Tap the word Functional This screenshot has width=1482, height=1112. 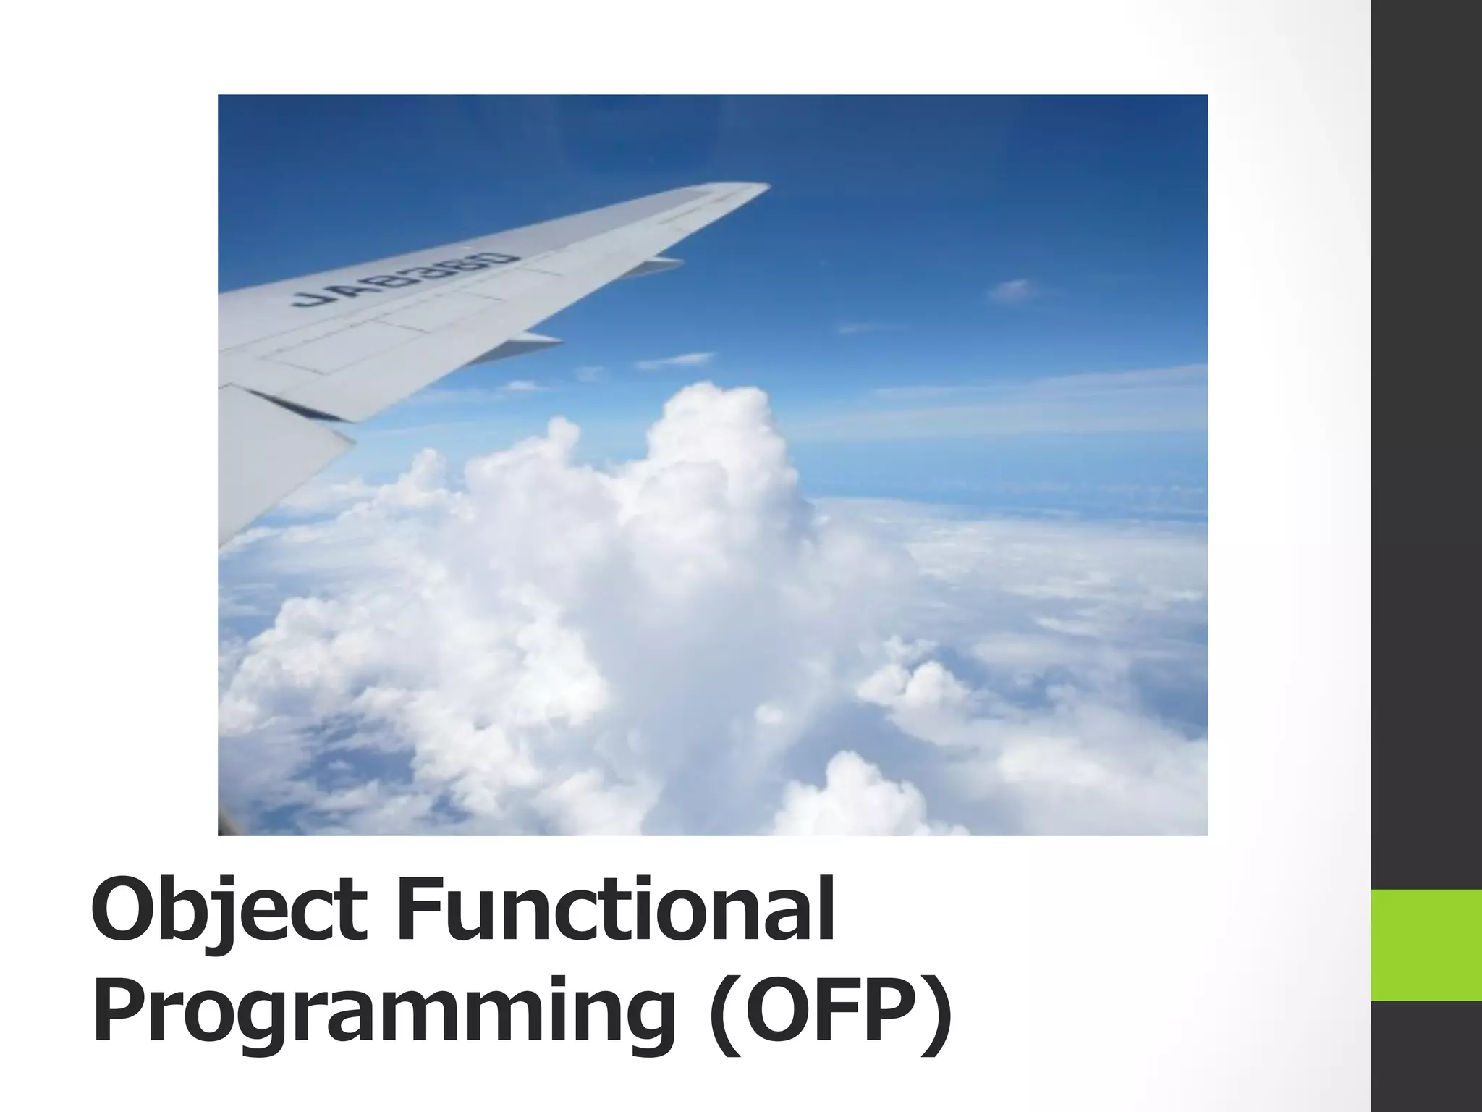coord(615,909)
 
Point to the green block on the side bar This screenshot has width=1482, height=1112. coord(1426,945)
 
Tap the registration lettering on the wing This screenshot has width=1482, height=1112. coord(405,279)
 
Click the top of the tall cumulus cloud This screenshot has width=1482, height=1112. coord(713,405)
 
